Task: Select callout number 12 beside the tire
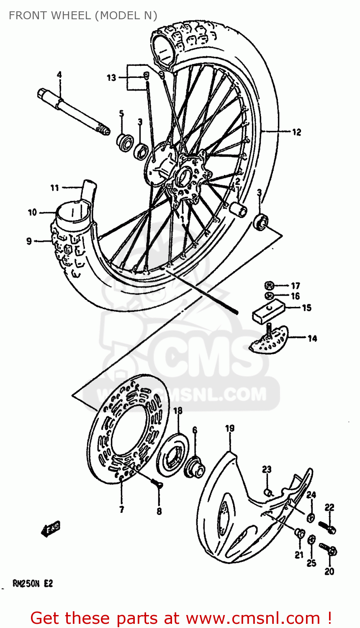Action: coord(296,132)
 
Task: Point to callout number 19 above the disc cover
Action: coord(230,428)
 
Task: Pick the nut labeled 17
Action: coord(269,286)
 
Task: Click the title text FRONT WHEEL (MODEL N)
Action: coord(83,15)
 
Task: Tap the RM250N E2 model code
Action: coord(33,584)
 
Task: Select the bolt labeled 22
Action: coord(327,527)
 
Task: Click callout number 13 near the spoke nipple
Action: coord(111,77)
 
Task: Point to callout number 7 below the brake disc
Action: coord(121,510)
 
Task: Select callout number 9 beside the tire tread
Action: coord(29,241)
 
